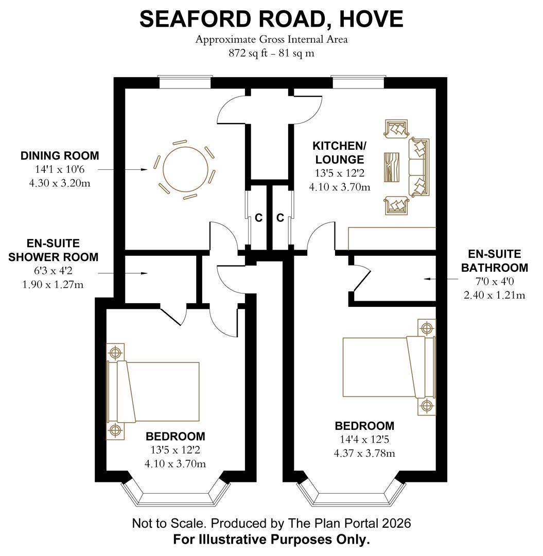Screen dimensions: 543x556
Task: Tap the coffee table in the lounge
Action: pos(392,167)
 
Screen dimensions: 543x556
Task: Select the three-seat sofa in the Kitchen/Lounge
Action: pos(419,167)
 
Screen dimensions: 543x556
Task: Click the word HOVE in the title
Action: pos(371,19)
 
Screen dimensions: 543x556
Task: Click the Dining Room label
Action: pos(60,155)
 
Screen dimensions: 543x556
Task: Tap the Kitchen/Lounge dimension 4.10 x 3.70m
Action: pos(340,187)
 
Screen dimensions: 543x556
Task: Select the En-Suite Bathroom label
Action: pos(495,260)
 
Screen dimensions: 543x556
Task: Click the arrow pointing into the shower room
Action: pos(122,273)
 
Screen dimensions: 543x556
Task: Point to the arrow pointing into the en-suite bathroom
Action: pos(441,279)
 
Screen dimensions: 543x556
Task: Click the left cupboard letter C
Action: pos(259,218)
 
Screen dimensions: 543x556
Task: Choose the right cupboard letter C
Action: pos(281,218)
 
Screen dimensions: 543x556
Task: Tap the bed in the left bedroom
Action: pos(153,391)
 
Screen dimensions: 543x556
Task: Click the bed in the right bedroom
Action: pos(389,367)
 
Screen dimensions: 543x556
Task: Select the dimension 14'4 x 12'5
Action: pos(364,439)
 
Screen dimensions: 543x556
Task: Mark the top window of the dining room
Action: pos(185,82)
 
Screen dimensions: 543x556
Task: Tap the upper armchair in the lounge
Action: pos(396,129)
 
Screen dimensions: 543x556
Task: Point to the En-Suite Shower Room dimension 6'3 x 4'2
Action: pos(53,271)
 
